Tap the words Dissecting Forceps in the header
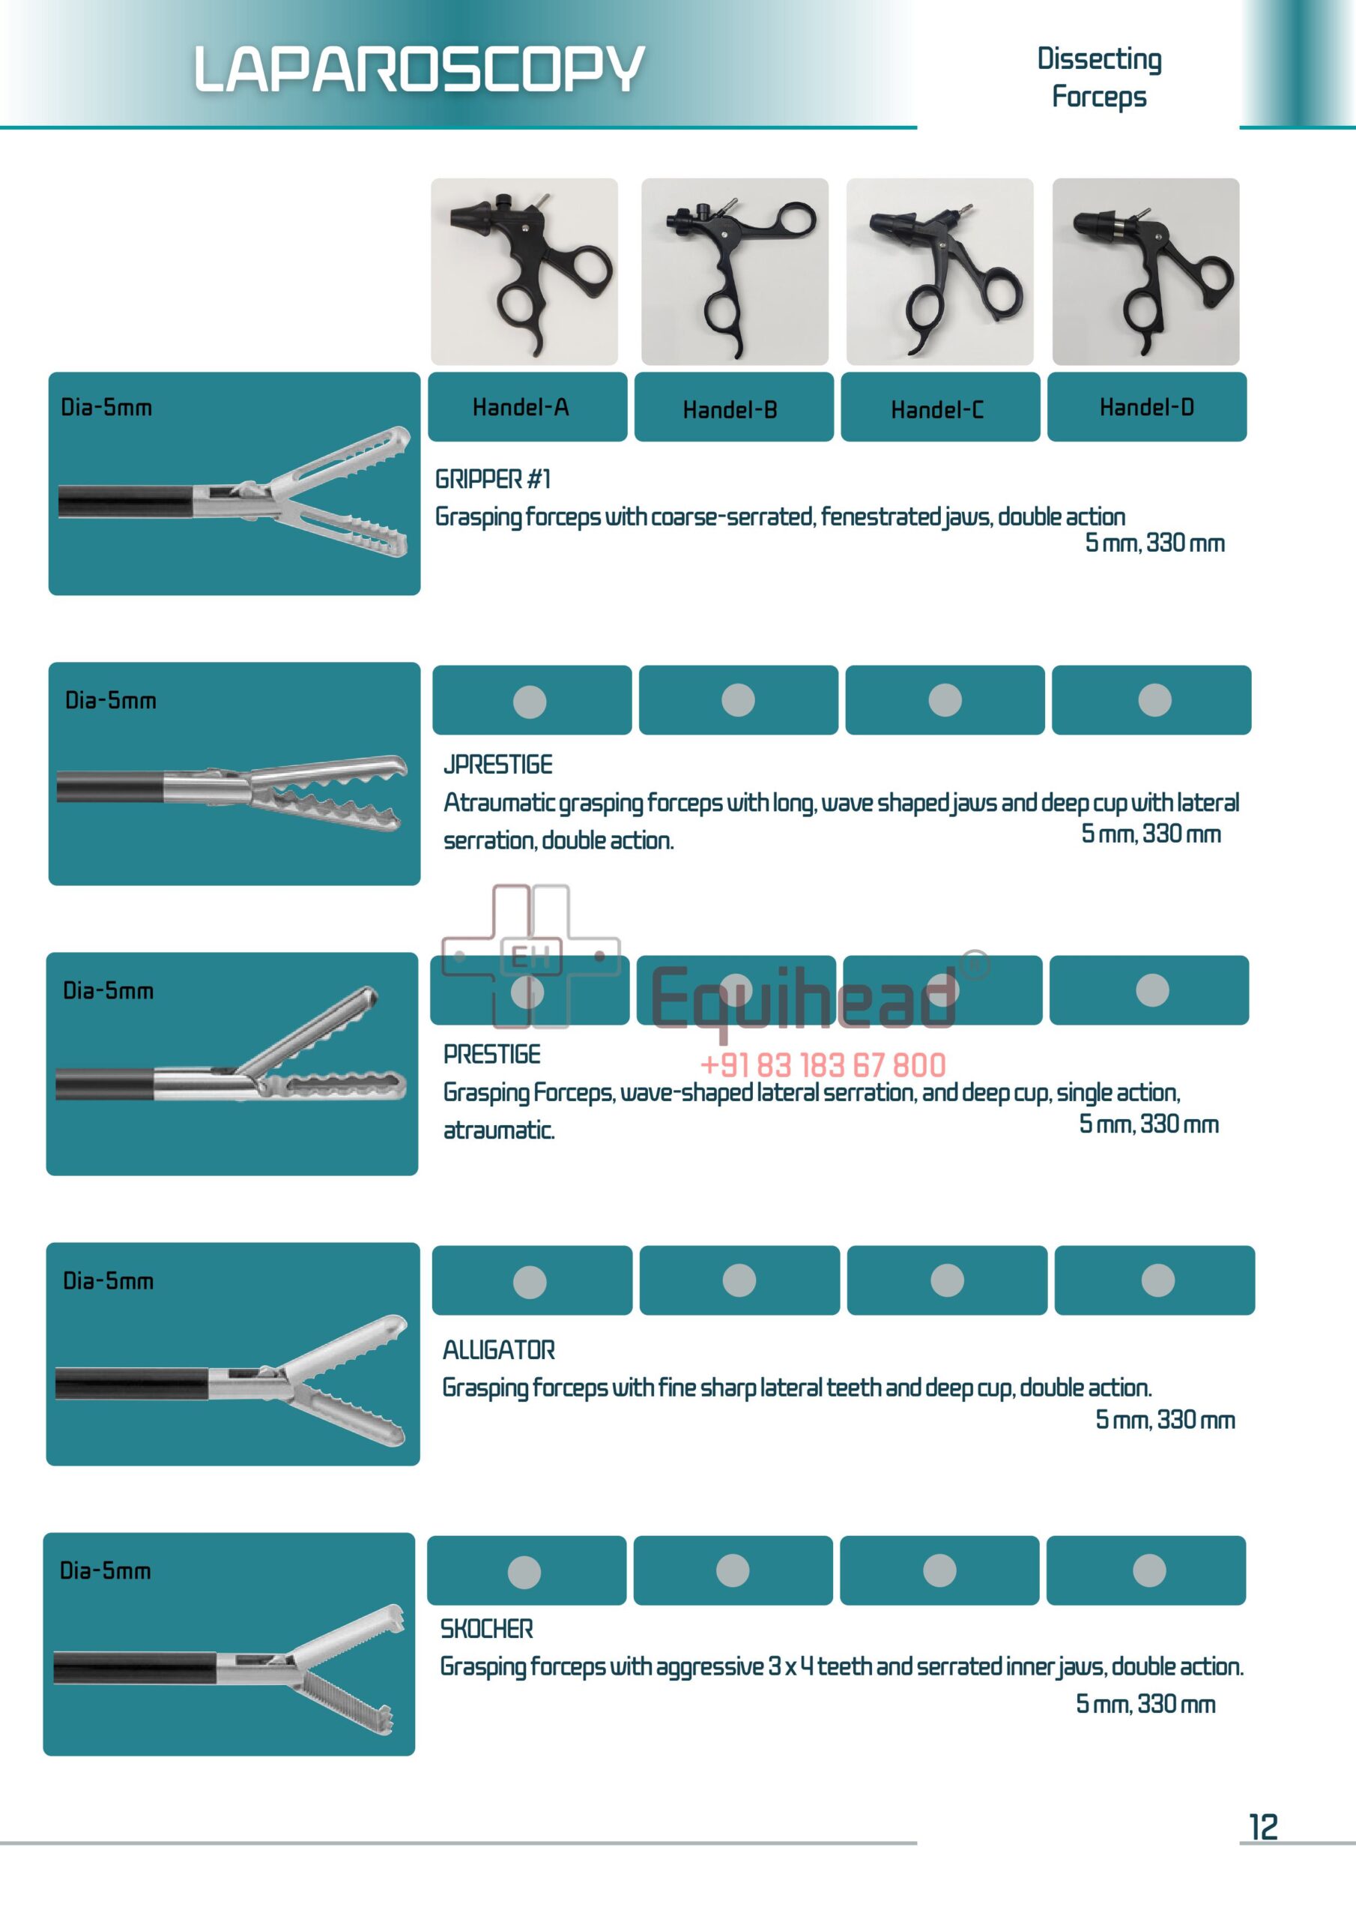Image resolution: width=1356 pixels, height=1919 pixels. (1099, 77)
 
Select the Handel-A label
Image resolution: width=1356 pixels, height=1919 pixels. (520, 407)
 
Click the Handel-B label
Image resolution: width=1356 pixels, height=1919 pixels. (730, 409)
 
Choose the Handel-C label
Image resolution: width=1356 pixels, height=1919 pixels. (936, 409)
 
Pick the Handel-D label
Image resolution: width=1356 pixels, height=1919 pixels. (1146, 407)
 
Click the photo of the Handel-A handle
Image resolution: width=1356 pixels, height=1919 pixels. (524, 271)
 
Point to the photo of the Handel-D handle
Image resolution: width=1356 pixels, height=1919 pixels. (1145, 271)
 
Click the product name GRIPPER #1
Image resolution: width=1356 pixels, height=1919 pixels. (492, 479)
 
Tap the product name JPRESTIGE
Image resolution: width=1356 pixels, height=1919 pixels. (497, 764)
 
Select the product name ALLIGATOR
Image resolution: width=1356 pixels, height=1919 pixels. (498, 1350)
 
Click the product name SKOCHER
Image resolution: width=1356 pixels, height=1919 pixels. (486, 1628)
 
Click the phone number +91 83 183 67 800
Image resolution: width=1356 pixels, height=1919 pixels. (822, 1064)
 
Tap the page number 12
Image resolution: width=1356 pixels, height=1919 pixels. (1262, 1827)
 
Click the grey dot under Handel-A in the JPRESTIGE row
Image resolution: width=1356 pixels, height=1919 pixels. (530, 701)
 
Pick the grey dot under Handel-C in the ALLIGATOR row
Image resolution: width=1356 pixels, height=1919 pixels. (947, 1280)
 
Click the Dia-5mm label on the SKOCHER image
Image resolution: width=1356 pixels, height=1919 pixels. (106, 1570)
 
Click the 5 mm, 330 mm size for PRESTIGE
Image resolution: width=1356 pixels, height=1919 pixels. (1148, 1124)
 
